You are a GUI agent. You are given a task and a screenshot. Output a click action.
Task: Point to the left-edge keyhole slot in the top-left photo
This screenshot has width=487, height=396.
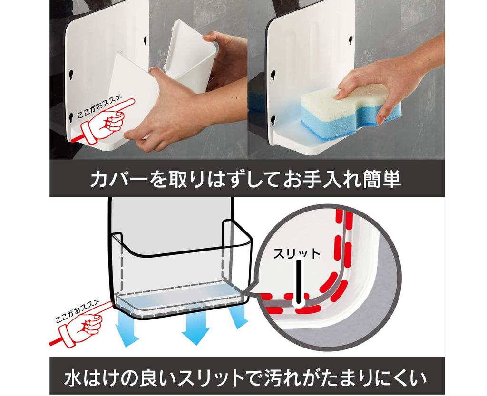tap(71, 75)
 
